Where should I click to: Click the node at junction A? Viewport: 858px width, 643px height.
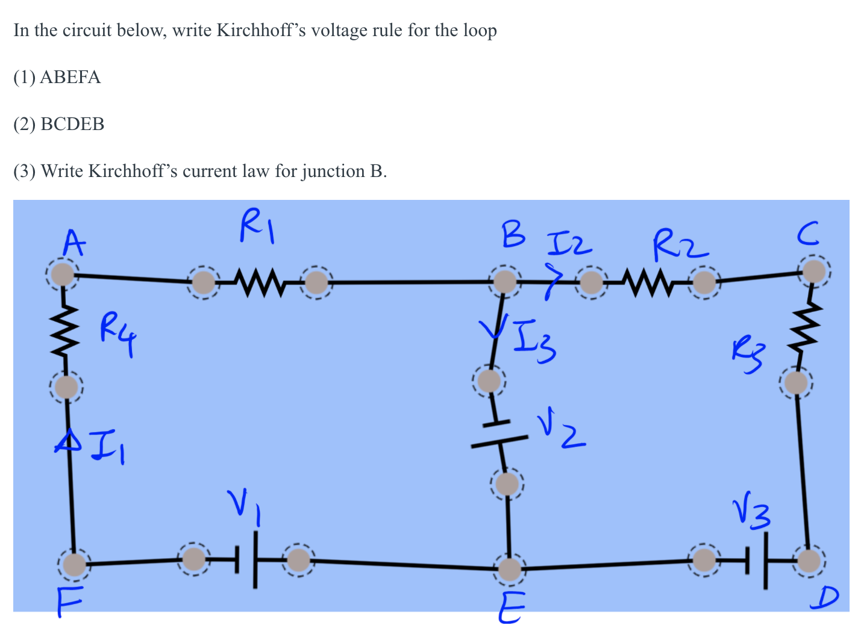pyautogui.click(x=61, y=275)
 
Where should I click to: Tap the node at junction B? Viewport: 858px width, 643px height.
pyautogui.click(x=505, y=281)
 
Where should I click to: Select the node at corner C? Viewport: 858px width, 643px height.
pyautogui.click(x=814, y=272)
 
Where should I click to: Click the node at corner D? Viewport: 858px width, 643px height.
pyautogui.click(x=809, y=561)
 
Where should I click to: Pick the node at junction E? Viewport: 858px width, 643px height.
pyautogui.click(x=510, y=569)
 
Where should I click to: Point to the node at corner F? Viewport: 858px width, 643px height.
pyautogui.click(x=75, y=565)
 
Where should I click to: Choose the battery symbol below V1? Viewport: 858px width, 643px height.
pyautogui.click(x=246, y=560)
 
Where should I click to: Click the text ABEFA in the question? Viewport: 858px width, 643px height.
pyautogui.click(x=70, y=78)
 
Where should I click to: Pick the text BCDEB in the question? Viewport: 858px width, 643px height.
pyautogui.click(x=72, y=125)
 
